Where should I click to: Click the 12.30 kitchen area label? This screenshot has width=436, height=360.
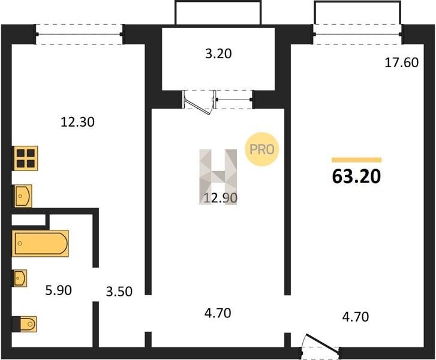pyautogui.click(x=77, y=122)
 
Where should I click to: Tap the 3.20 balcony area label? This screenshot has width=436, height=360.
pyautogui.click(x=218, y=53)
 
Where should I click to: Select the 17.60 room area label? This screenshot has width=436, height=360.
pyautogui.click(x=402, y=62)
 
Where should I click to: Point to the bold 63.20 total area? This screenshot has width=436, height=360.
pyautogui.click(x=356, y=176)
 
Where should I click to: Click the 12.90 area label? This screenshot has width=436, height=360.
pyautogui.click(x=221, y=198)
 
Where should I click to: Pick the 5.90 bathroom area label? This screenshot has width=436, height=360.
pyautogui.click(x=58, y=290)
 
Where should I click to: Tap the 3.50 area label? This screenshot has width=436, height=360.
pyautogui.click(x=119, y=291)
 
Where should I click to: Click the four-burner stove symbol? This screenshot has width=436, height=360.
pyautogui.click(x=25, y=158)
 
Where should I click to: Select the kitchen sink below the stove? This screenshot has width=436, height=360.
pyautogui.click(x=23, y=196)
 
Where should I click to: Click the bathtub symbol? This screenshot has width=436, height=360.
pyautogui.click(x=40, y=244)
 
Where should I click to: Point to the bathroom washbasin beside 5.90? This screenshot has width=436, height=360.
pyautogui.click(x=20, y=278)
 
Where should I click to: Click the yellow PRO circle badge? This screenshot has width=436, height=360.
pyautogui.click(x=261, y=149)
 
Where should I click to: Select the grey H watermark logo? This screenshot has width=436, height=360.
pyautogui.click(x=218, y=177)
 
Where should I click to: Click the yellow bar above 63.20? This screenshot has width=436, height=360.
pyautogui.click(x=356, y=160)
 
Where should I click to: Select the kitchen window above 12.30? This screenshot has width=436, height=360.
pyautogui.click(x=79, y=34)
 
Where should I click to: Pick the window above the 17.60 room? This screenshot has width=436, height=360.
pyautogui.click(x=357, y=34)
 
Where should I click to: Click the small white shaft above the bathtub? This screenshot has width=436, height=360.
pyautogui.click(x=28, y=220)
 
